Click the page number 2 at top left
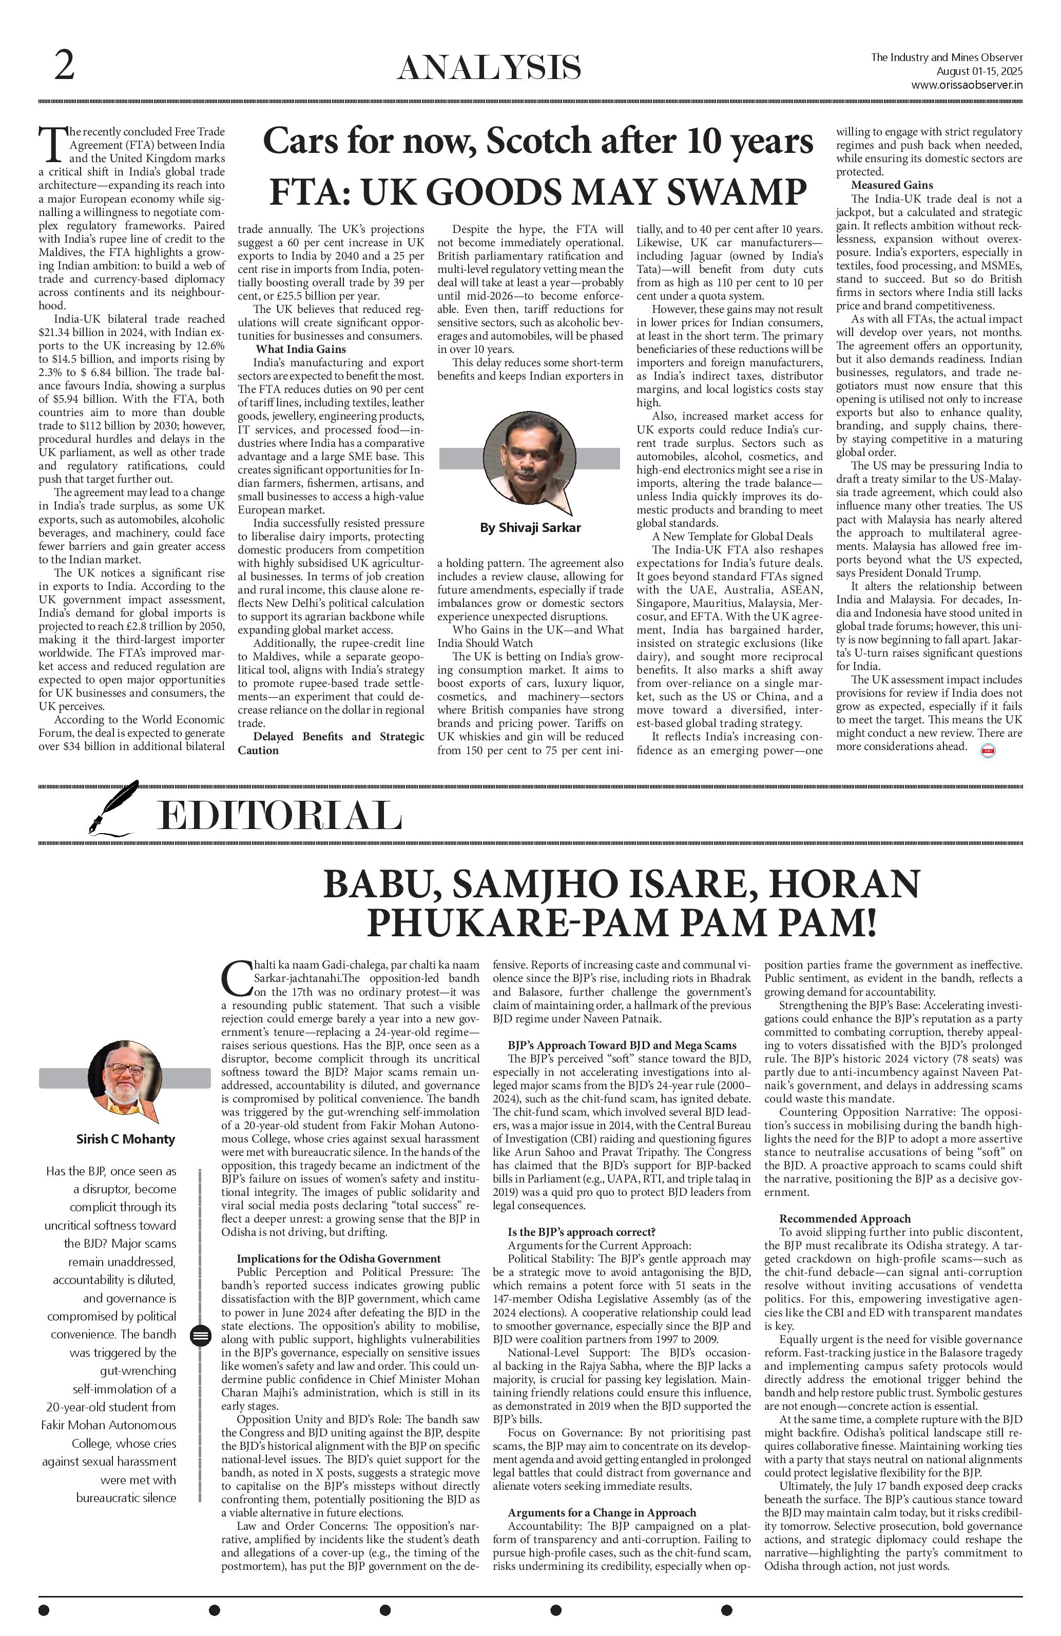pyautogui.click(x=64, y=67)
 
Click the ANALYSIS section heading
pyautogui.click(x=489, y=69)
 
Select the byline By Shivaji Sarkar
pyautogui.click(x=530, y=528)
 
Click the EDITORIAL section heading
pyautogui.click(x=279, y=817)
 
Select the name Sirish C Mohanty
pyautogui.click(x=125, y=1139)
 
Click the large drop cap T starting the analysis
pyautogui.click(x=53, y=144)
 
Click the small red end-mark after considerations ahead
pyautogui.click(x=988, y=751)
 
